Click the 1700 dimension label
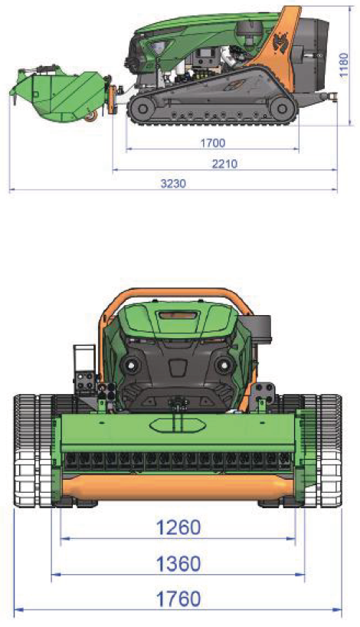click(213, 143)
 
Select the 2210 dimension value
click(224, 163)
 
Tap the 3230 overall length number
click(173, 183)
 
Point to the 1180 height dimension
click(343, 65)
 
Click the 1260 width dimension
click(178, 527)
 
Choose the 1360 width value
click(178, 564)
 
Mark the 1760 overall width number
click(178, 599)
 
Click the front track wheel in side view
click(141, 107)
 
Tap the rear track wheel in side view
click(281, 107)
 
